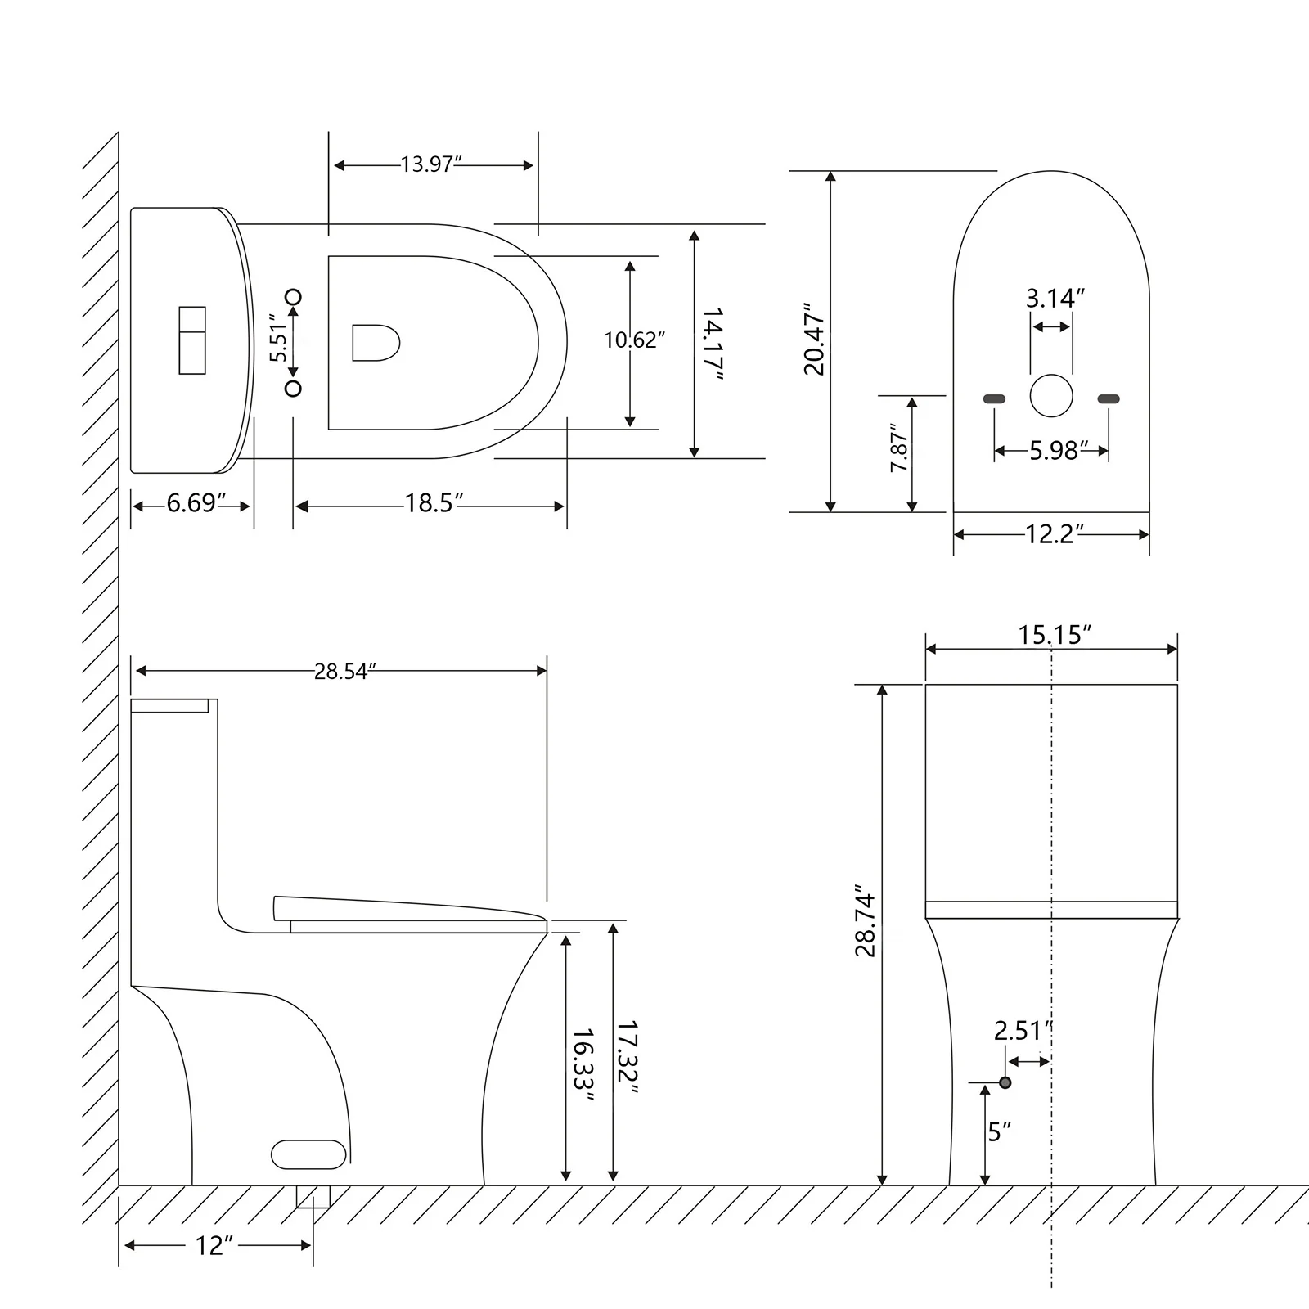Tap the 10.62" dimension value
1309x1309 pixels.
click(x=634, y=340)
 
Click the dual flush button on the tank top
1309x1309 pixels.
click(x=192, y=340)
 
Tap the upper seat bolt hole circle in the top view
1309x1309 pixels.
click(x=293, y=296)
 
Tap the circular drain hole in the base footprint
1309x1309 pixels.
click(x=1051, y=396)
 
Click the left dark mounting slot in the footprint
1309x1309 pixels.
click(x=993, y=398)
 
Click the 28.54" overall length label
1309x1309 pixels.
click(x=344, y=671)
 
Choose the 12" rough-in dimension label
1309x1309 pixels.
click(x=214, y=1246)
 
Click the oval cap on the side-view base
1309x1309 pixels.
click(x=308, y=1154)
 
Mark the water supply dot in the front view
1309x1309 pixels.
click(x=1005, y=1082)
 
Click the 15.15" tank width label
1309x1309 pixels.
click(x=1055, y=634)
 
